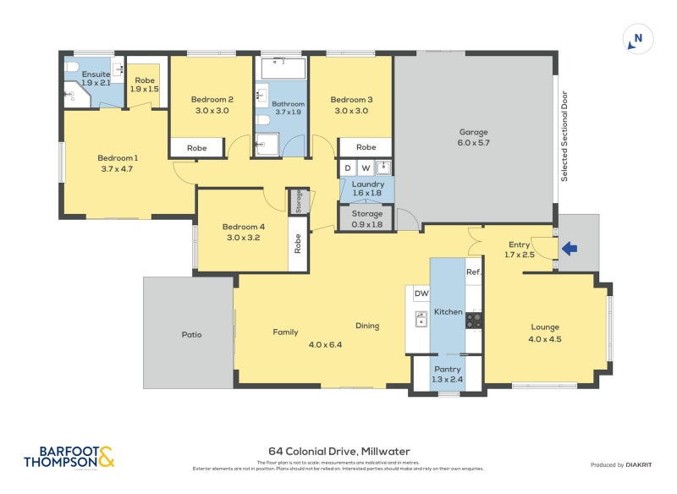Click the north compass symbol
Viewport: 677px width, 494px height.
(x=638, y=38)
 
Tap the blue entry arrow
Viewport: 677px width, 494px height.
(x=570, y=249)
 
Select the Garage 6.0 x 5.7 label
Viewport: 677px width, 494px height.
(x=474, y=137)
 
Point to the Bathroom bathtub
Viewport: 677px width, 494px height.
(x=282, y=67)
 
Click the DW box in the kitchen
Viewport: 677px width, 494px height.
(x=421, y=294)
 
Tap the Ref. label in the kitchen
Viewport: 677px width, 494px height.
(x=473, y=272)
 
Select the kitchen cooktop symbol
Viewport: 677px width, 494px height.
(x=474, y=320)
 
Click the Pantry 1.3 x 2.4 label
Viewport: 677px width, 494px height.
(x=447, y=374)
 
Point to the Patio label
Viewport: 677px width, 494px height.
(x=191, y=334)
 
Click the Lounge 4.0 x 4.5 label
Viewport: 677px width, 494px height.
(x=545, y=332)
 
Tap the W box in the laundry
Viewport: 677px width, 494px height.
(x=366, y=167)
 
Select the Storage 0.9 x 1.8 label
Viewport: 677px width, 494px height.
(x=366, y=218)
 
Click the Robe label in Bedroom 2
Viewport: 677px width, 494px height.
(x=196, y=148)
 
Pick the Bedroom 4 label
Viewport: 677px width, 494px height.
(x=244, y=232)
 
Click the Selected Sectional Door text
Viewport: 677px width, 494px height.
(x=564, y=136)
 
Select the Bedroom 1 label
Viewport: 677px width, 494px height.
(x=117, y=163)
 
